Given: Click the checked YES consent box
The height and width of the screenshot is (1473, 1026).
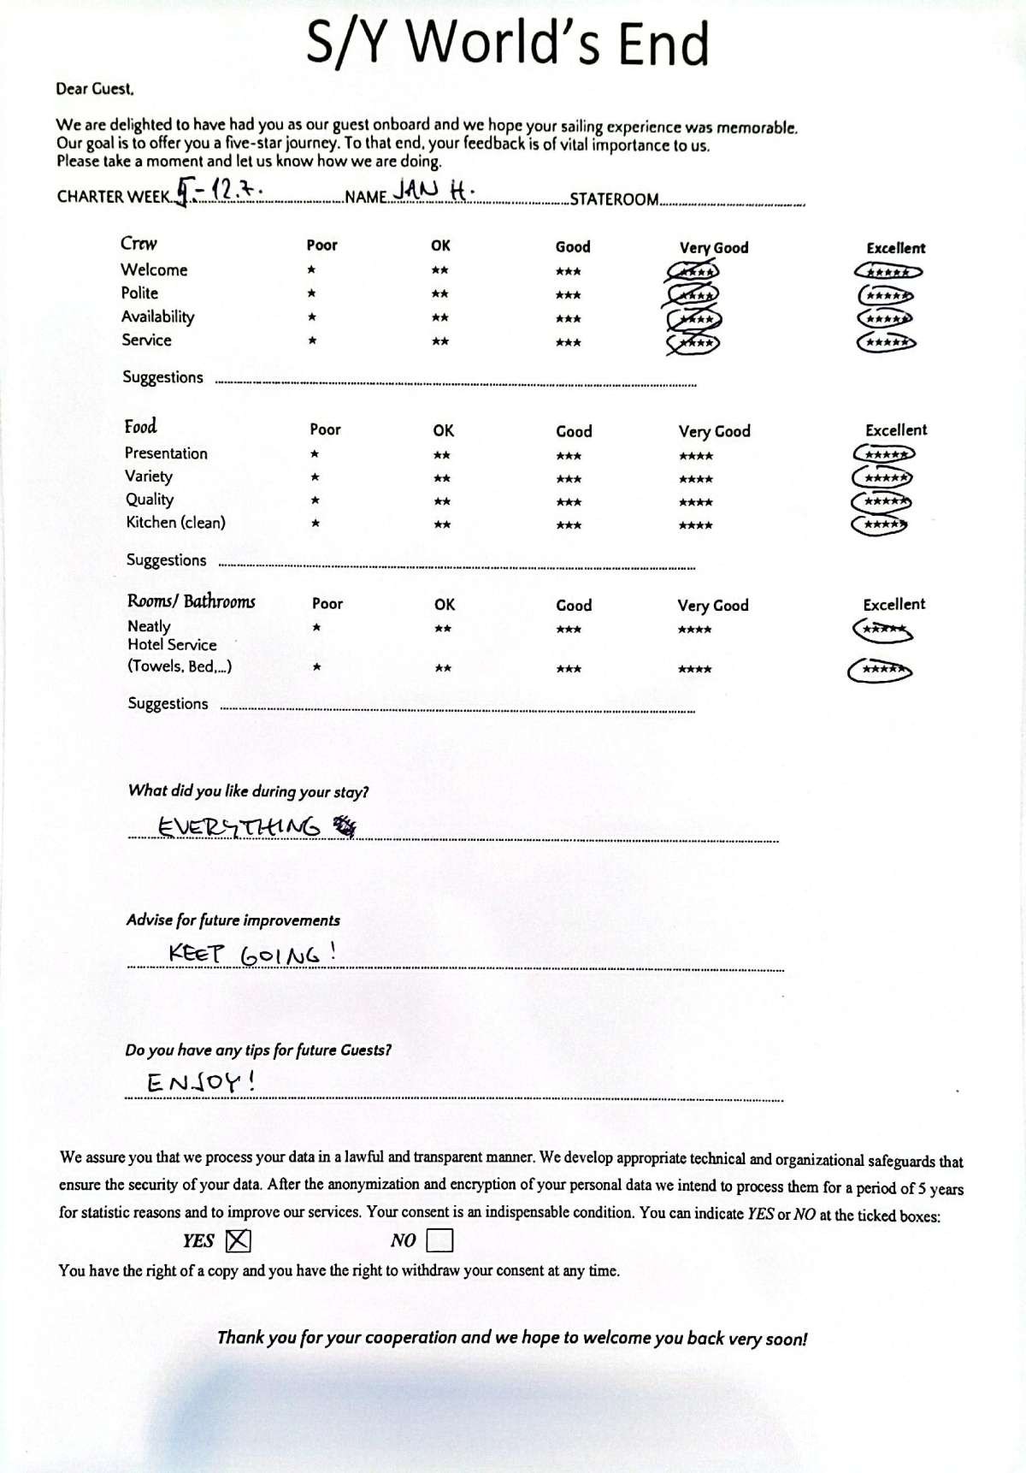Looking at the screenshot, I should (238, 1240).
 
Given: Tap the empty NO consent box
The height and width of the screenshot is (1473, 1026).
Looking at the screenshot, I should (439, 1240).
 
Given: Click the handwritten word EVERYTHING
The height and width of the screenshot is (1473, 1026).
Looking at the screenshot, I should (239, 827).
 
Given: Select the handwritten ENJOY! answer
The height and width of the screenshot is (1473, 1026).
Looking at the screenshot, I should (202, 1082).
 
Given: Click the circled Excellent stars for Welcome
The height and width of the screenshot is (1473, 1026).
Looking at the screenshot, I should (887, 272).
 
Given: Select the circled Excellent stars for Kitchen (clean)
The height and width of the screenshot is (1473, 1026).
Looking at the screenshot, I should (879, 524).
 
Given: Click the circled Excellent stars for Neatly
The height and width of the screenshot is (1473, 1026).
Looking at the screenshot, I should (883, 631).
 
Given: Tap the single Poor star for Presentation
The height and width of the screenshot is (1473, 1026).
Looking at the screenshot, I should (315, 454).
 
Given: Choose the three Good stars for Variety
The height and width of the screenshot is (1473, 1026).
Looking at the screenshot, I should (569, 479).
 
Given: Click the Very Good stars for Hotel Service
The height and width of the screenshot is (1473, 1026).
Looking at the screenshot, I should (694, 669).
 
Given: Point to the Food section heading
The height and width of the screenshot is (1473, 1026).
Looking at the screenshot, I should (140, 427).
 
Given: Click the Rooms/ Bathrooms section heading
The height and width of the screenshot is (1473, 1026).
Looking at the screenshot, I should (191, 601).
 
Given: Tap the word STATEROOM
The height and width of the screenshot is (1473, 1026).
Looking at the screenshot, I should (614, 200).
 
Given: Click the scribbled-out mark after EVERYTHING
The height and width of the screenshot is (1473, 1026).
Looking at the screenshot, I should (345, 825).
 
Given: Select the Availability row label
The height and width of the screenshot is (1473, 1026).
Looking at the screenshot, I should (157, 316).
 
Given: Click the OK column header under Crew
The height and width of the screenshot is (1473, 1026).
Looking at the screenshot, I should (440, 245).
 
